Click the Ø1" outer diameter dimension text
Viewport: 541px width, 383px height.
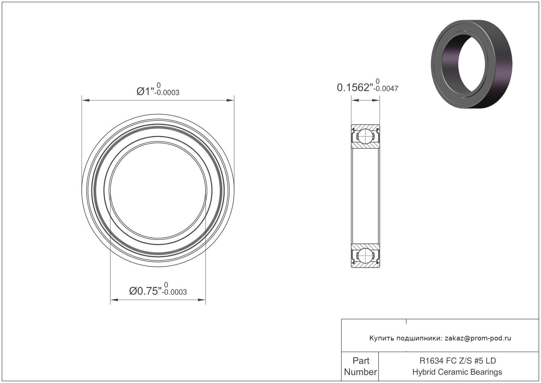pos(145,91)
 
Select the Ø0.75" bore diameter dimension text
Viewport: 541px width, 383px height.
pos(145,291)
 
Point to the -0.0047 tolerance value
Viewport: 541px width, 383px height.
pos(386,89)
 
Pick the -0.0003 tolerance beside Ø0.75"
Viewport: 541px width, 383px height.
pos(174,292)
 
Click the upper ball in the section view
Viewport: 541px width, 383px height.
pos(365,136)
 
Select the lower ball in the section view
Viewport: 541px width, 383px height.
pos(365,256)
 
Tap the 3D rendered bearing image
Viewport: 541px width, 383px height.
pos(471,64)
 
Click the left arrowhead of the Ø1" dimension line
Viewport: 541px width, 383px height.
pos(86,100)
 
